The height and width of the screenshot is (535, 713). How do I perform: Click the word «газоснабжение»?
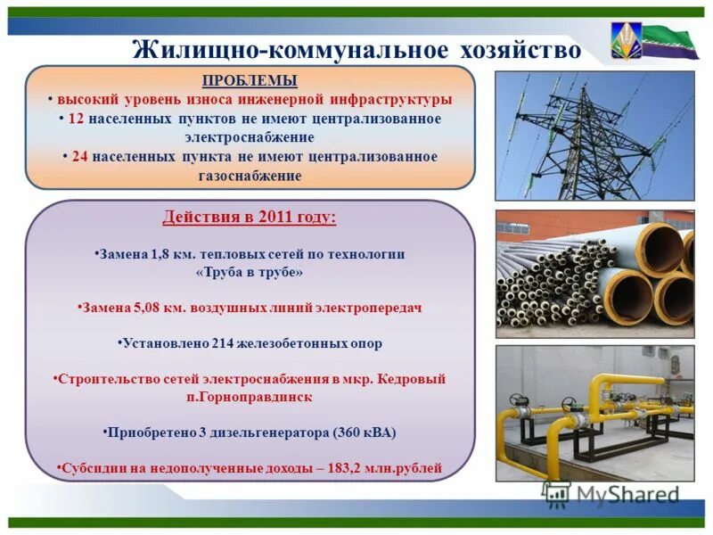click(250, 176)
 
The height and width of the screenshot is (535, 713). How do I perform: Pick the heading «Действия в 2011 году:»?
click(250, 218)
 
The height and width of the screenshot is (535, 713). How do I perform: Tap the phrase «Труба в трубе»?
click(250, 272)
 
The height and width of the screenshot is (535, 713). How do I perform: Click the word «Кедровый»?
click(412, 378)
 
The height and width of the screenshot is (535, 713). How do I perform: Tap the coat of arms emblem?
click(626, 40)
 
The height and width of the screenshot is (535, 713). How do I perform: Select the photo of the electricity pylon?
click(594, 136)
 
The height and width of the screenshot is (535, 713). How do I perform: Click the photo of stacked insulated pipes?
click(594, 274)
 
